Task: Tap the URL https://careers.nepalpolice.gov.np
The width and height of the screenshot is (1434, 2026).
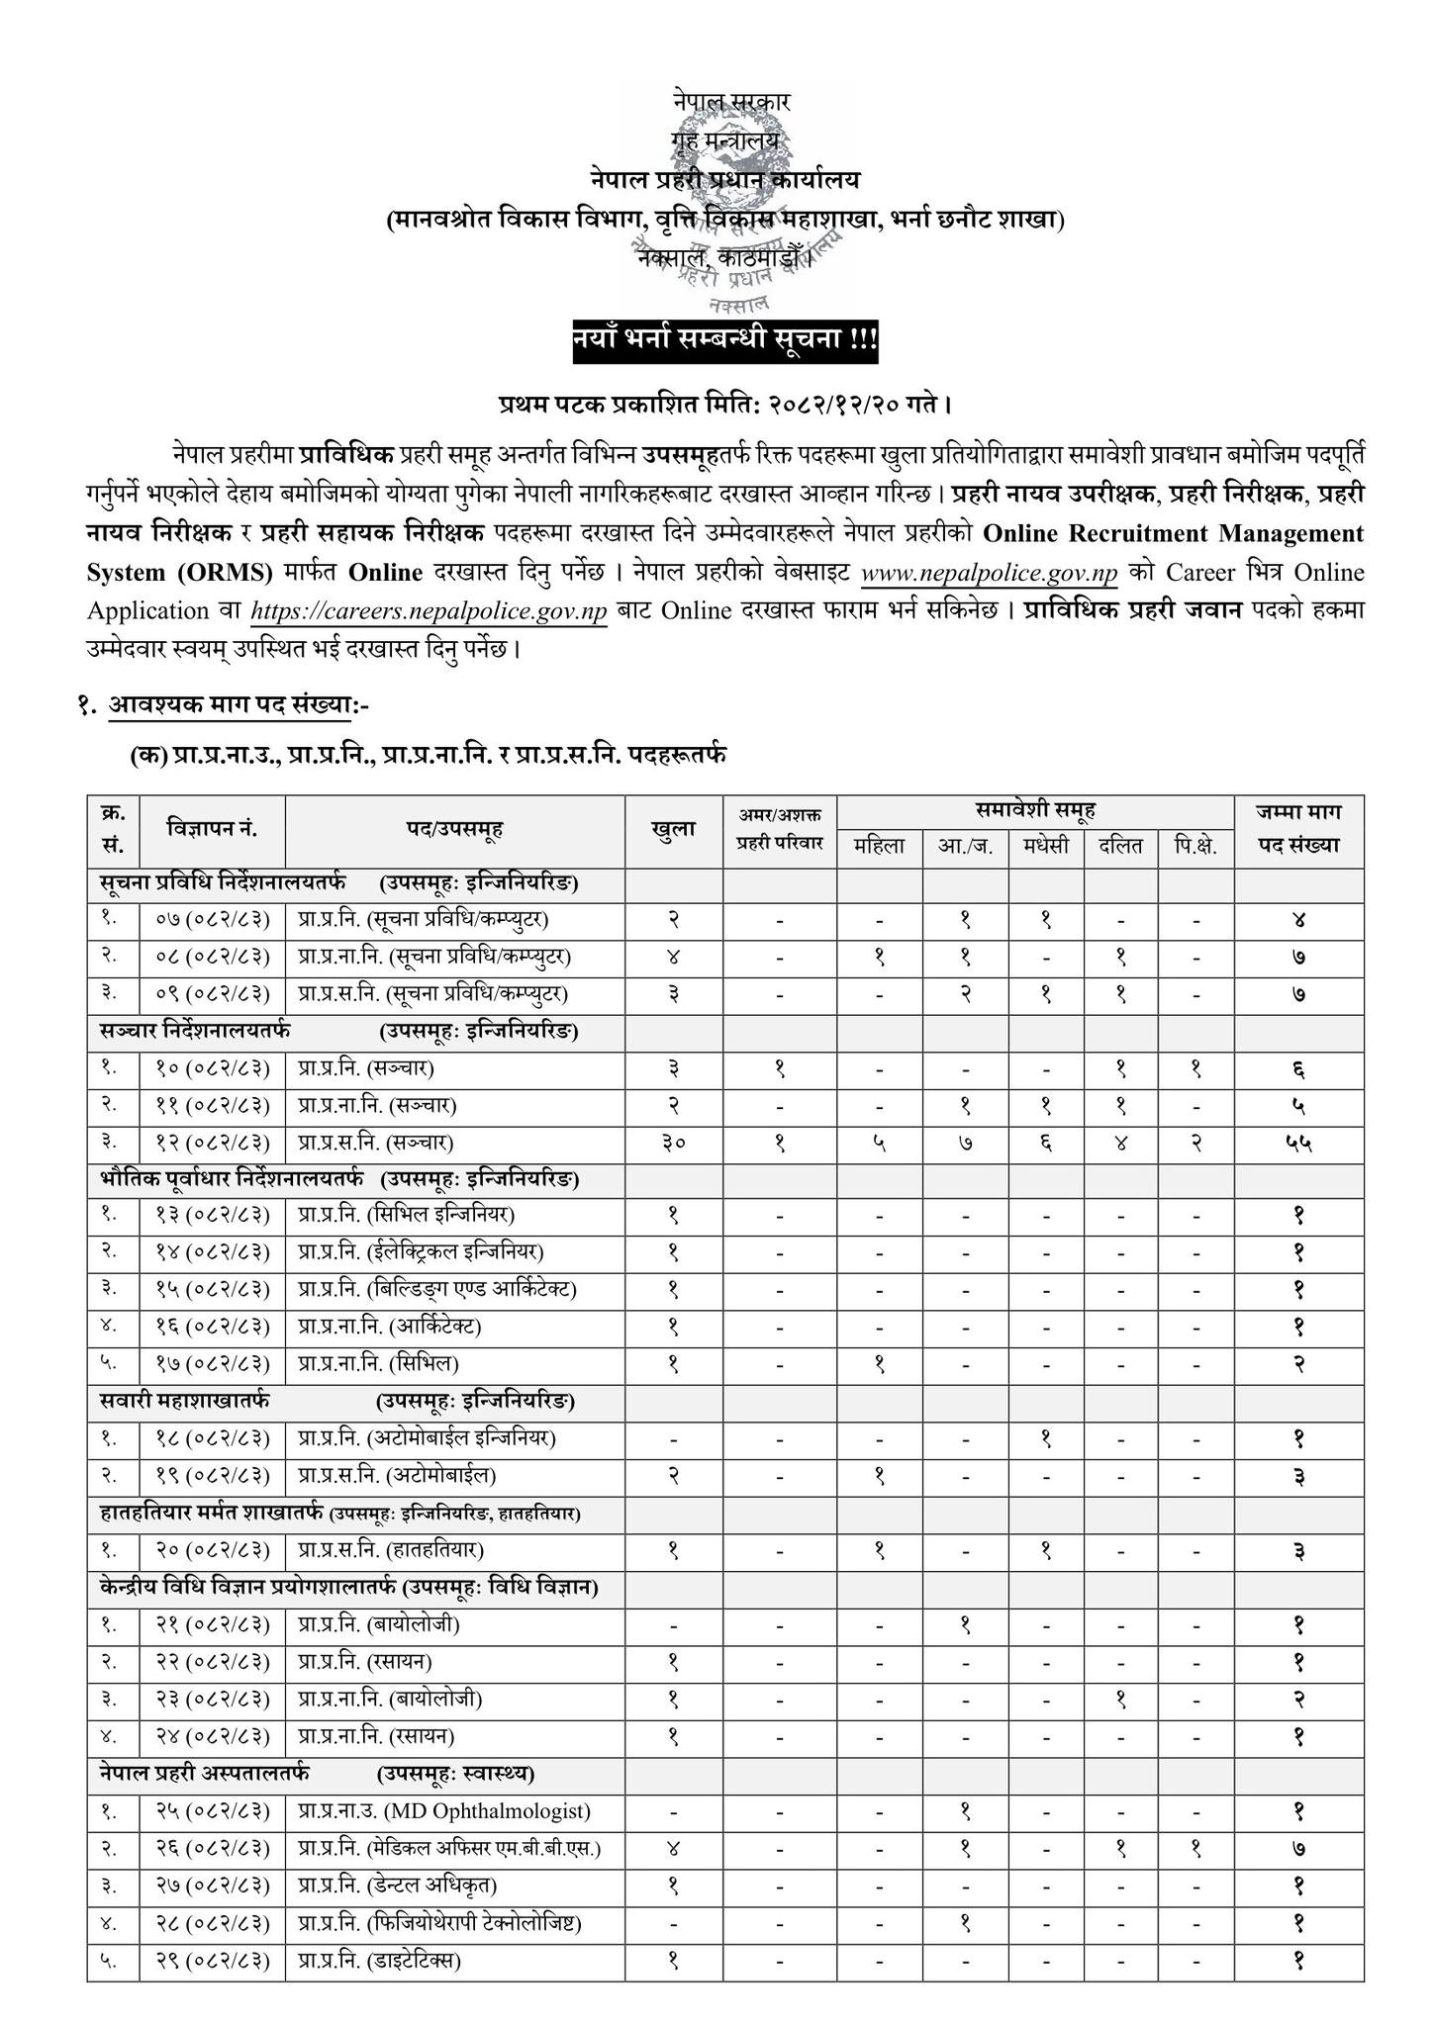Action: (x=429, y=611)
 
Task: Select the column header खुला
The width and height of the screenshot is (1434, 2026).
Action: (x=673, y=829)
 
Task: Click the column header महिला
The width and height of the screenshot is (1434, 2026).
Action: (x=880, y=846)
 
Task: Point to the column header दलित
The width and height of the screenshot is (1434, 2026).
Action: (x=1120, y=846)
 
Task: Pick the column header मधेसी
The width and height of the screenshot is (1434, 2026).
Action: (x=1046, y=846)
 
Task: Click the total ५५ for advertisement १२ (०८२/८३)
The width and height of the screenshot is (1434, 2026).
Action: (x=1298, y=1143)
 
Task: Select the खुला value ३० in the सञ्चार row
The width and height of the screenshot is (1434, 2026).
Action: (x=673, y=1143)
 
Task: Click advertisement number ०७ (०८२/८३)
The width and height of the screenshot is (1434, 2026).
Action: (x=212, y=919)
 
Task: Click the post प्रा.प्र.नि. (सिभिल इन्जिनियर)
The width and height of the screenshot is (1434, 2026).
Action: (x=406, y=1214)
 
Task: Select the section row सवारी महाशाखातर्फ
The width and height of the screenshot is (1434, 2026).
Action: (x=185, y=1401)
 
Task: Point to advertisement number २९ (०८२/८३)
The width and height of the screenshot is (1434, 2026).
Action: (x=212, y=1959)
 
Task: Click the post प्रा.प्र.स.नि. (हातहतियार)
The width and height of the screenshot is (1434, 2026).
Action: (x=390, y=1550)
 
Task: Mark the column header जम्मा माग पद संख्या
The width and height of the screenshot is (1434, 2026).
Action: (x=1298, y=829)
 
